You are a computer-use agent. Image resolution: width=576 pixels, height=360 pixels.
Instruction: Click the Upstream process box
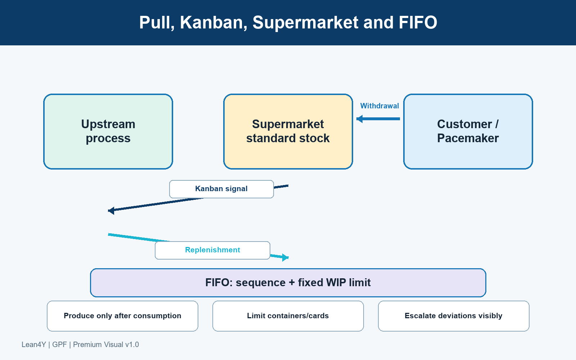[x=108, y=131]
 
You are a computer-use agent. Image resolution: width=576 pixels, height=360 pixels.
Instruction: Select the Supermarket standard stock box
[x=288, y=131]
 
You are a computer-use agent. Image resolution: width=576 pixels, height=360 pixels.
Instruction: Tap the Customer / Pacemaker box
[x=468, y=131]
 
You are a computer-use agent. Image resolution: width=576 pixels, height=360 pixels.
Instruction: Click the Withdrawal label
[x=379, y=106]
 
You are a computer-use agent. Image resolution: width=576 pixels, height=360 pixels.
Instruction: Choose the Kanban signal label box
[x=221, y=189]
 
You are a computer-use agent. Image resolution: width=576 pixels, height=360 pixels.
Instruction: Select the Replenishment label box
[x=212, y=250]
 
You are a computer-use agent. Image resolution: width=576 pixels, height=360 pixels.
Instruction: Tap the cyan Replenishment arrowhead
[x=285, y=257]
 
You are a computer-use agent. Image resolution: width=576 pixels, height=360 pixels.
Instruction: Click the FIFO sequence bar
[x=288, y=283]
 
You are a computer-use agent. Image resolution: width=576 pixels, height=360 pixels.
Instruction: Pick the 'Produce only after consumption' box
[x=122, y=316]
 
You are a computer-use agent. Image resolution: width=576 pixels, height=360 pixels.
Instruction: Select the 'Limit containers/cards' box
[x=288, y=316]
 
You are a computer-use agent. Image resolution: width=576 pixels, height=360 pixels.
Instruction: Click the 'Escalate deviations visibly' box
[x=454, y=316]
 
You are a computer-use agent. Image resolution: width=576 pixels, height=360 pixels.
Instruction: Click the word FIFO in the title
[x=418, y=22]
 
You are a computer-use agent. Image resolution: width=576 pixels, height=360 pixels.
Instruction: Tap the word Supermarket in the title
[x=306, y=23]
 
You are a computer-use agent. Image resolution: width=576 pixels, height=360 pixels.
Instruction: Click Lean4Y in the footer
[x=34, y=345]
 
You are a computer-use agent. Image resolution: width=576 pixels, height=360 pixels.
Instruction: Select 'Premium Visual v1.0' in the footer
[x=106, y=345]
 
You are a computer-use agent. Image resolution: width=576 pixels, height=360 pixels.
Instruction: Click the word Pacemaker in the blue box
[x=468, y=138]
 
